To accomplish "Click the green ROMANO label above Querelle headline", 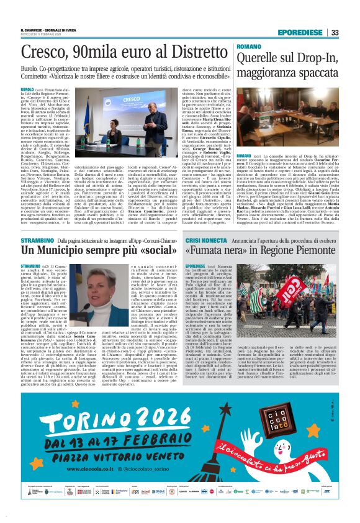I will (x=249, y=47).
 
